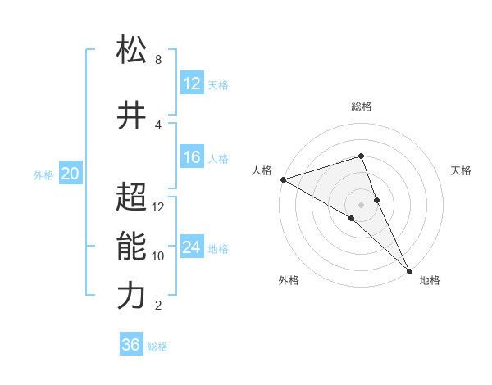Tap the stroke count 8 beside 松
pyautogui.click(x=158, y=60)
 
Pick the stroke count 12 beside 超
pyautogui.click(x=158, y=207)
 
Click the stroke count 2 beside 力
pyautogui.click(x=158, y=306)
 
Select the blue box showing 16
pyautogui.click(x=192, y=157)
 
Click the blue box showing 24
pyautogui.click(x=192, y=247)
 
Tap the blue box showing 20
pyautogui.click(x=71, y=173)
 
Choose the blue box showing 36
pyautogui.click(x=131, y=345)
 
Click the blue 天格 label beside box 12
pyautogui.click(x=218, y=84)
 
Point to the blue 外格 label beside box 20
pyautogui.click(x=43, y=174)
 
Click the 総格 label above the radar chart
pyautogui.click(x=361, y=106)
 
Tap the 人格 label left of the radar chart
pyautogui.click(x=262, y=170)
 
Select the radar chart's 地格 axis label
pyautogui.click(x=430, y=280)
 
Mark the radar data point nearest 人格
pyautogui.click(x=283, y=179)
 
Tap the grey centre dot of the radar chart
pyautogui.click(x=361, y=204)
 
